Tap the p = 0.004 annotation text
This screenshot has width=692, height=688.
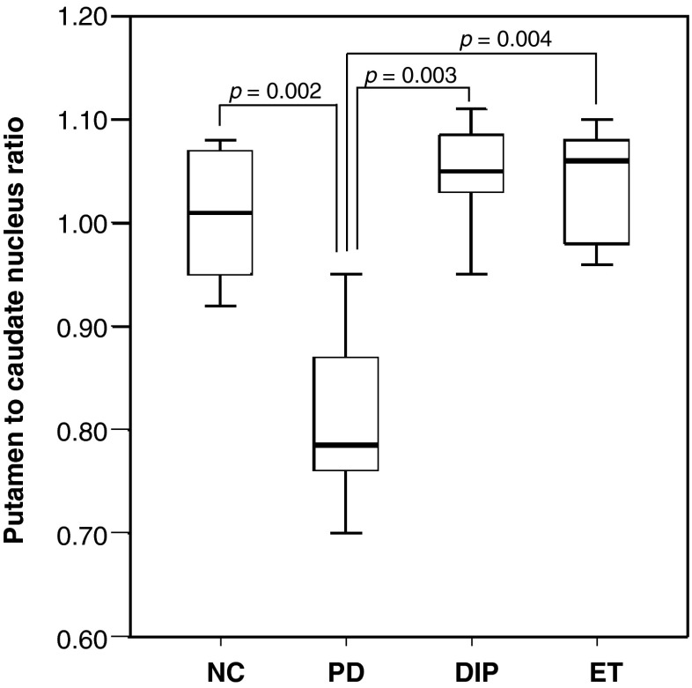click(505, 40)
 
